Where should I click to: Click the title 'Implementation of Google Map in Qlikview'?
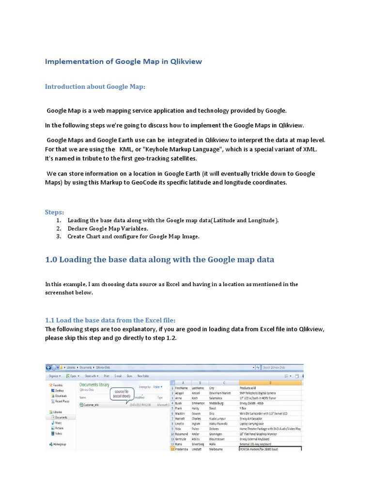click(124, 61)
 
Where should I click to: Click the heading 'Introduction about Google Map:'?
click(95, 87)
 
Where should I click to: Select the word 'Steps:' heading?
click(55, 212)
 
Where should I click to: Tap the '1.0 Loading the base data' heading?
click(159, 260)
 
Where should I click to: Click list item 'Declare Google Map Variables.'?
click(108, 228)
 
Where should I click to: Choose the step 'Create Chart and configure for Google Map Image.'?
click(133, 236)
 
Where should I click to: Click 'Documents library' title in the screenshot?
click(94, 384)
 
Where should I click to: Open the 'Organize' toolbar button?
click(55, 375)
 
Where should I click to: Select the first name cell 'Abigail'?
click(181, 393)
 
